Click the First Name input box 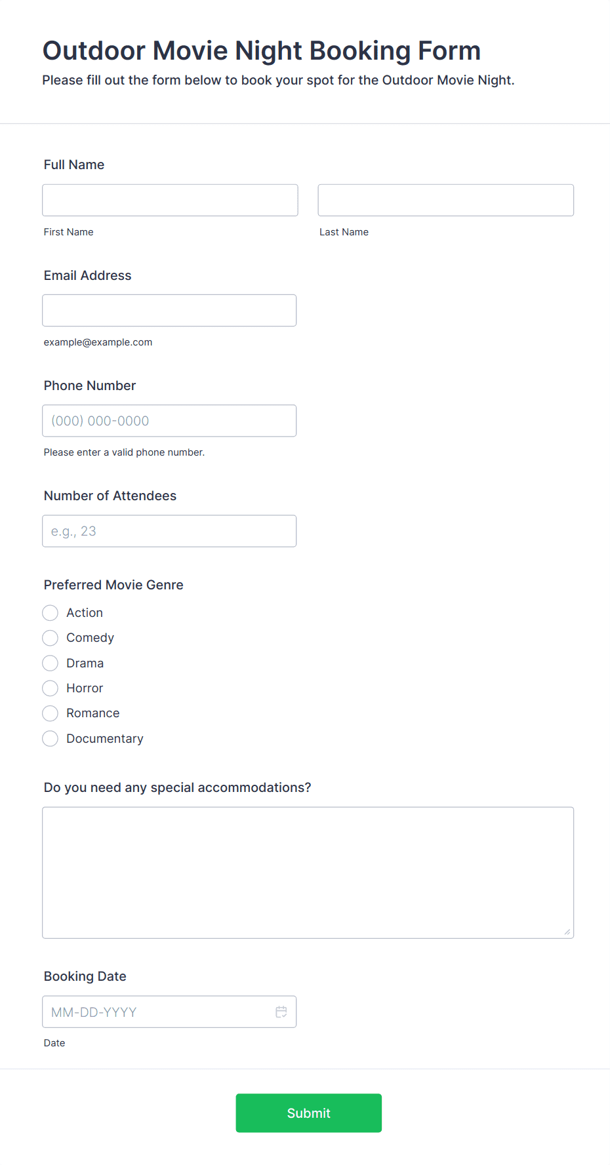(x=170, y=200)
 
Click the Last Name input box (x=445, y=200)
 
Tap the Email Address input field (x=169, y=310)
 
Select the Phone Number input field (x=169, y=421)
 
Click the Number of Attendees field (x=169, y=531)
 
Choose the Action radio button (x=51, y=613)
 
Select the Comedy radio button (x=51, y=638)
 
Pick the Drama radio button (x=51, y=663)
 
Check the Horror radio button (x=51, y=688)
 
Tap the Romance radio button (x=51, y=713)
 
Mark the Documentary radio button (x=51, y=739)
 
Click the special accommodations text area (x=308, y=872)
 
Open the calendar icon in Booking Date (x=281, y=1012)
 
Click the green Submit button (x=308, y=1113)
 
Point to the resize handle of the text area (x=567, y=932)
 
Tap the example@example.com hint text (x=98, y=342)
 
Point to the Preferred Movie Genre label (x=113, y=585)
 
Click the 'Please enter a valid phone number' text (x=124, y=452)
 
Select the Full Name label (x=74, y=165)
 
